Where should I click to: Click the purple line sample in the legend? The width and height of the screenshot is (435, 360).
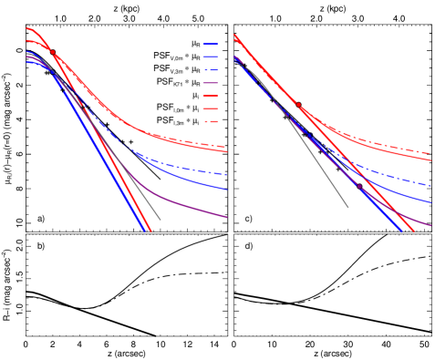click(x=211, y=83)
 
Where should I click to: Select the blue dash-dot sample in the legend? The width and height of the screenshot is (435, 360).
click(x=211, y=70)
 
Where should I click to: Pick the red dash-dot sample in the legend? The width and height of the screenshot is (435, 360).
click(x=211, y=121)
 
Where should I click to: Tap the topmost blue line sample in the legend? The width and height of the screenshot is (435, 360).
click(x=211, y=44)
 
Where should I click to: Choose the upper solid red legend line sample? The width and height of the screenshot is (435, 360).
click(x=211, y=96)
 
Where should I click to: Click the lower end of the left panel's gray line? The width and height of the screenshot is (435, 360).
click(x=161, y=220)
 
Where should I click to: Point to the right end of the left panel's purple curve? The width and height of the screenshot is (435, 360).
click(x=227, y=218)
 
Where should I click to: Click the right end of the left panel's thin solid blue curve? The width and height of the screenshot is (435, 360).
click(x=227, y=190)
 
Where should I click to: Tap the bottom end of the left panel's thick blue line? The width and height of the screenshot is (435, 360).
click(x=145, y=231)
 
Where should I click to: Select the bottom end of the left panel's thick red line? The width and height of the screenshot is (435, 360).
click(x=150, y=231)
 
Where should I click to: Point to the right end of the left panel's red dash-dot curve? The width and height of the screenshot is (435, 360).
click(x=227, y=146)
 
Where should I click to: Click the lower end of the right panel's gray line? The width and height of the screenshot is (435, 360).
click(x=348, y=208)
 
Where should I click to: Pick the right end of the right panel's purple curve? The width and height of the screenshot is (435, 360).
click(x=431, y=225)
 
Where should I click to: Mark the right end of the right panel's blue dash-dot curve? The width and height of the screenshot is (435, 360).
click(x=431, y=186)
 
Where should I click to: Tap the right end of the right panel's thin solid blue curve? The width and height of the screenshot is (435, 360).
click(x=431, y=202)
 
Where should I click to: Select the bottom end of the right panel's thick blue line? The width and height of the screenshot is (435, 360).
click(x=402, y=231)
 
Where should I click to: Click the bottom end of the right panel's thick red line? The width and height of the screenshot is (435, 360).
click(x=414, y=231)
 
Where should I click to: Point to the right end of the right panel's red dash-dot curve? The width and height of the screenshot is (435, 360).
click(x=431, y=153)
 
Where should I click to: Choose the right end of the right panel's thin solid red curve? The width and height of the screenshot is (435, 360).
click(x=431, y=160)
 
